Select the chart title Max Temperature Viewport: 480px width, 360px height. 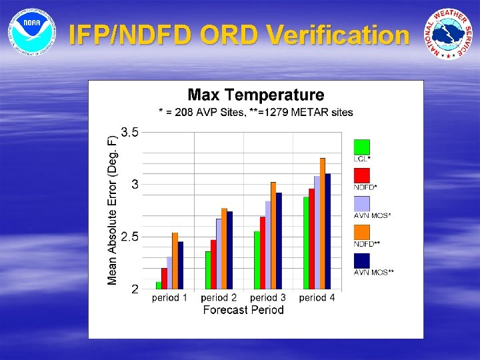click(255, 96)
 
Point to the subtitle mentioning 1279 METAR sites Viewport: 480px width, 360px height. click(255, 112)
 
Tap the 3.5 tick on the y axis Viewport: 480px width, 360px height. click(130, 132)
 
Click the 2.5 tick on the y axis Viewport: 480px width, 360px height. click(130, 237)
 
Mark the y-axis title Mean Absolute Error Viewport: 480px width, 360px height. click(113, 210)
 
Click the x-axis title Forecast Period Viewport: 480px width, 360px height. click(243, 310)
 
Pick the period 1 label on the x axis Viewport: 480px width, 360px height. click(169, 298)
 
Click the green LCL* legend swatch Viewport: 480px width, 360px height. click(361, 147)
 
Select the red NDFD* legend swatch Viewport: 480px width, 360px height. click(361, 175)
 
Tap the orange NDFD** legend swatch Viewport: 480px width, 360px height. click(361, 232)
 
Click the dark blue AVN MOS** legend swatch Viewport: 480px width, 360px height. click(361, 261)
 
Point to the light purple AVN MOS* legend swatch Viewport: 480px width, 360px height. click(361, 204)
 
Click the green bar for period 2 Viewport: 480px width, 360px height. click(208, 270)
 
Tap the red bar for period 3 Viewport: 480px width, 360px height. click(263, 253)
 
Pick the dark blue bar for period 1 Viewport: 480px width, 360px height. click(180, 265)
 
